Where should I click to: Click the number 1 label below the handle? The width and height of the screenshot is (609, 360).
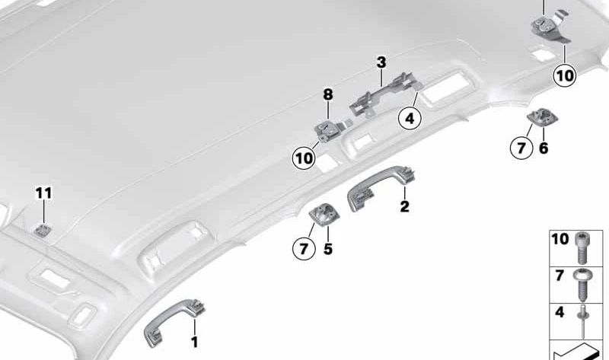[x=195, y=342]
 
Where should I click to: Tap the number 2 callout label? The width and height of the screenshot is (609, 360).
[x=405, y=206]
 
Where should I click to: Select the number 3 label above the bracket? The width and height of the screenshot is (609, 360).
[x=381, y=62]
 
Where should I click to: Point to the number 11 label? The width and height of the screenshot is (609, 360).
[x=43, y=193]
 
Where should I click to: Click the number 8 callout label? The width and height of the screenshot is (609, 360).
[x=328, y=94]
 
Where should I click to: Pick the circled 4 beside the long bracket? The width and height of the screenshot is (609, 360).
[x=410, y=118]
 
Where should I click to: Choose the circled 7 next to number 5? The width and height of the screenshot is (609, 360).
[x=304, y=248]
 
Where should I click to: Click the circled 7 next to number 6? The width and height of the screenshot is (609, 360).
[x=521, y=148]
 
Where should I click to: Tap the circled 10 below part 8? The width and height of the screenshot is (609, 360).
[x=304, y=158]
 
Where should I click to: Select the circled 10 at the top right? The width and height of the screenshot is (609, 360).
[x=565, y=75]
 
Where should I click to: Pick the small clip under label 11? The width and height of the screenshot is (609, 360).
[x=42, y=231]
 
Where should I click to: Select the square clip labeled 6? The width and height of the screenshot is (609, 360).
[x=542, y=116]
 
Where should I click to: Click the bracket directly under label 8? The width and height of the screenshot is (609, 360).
[x=330, y=130]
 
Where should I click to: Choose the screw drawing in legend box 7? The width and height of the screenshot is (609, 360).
[x=582, y=285]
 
